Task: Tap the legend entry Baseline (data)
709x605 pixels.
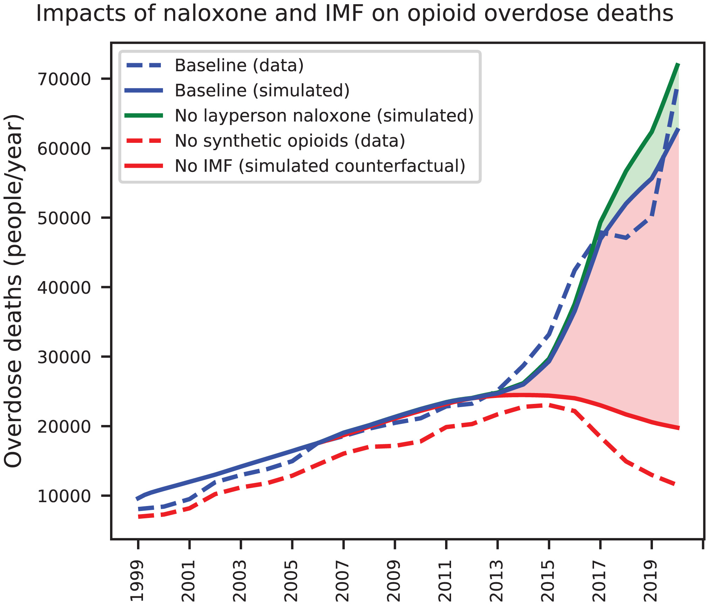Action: click(239, 66)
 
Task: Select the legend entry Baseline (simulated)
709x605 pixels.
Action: click(262, 91)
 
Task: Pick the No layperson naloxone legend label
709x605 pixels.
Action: click(324, 116)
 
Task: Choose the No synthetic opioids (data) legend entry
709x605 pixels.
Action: click(290, 141)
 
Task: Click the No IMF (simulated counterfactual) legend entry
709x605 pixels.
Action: click(320, 166)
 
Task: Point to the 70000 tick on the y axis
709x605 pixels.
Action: click(64, 79)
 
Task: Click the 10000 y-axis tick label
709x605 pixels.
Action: click(64, 496)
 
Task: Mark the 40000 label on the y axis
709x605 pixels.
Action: click(64, 288)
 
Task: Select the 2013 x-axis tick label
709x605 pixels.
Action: click(498, 581)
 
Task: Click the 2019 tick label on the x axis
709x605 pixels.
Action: click(652, 581)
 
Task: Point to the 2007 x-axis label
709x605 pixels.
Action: click(343, 581)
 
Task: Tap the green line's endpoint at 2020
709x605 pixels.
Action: click(679, 64)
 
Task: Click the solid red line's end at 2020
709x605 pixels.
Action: click(679, 428)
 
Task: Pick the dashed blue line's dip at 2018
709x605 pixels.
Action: click(626, 238)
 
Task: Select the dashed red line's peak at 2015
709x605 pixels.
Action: click(549, 405)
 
